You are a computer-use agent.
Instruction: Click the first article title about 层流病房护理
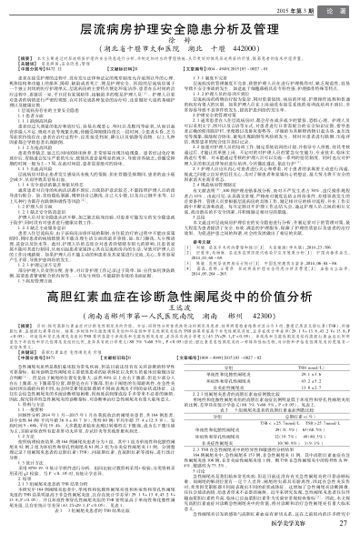[180, 29]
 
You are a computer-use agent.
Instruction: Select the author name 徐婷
[180, 44]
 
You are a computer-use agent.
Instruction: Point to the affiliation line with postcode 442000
[180, 53]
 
